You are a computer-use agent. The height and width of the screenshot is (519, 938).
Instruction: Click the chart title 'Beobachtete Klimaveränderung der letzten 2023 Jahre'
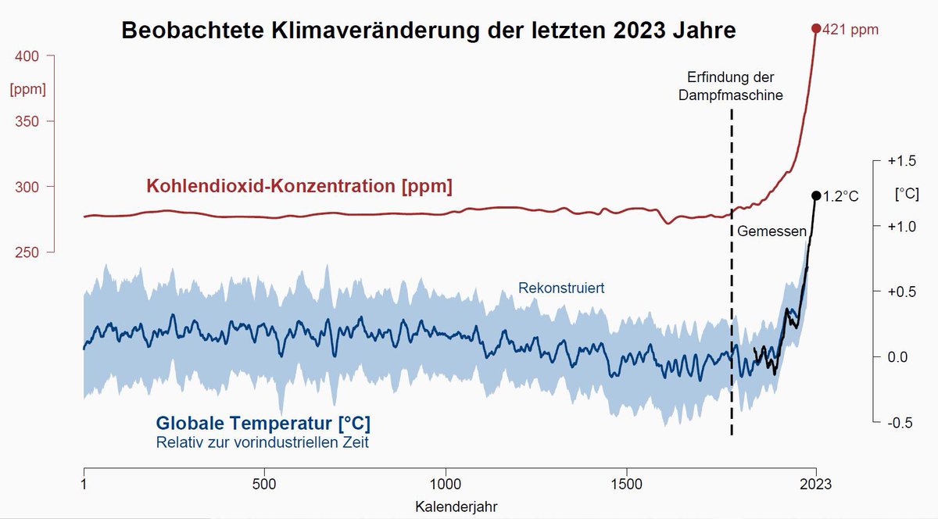pyautogui.click(x=428, y=31)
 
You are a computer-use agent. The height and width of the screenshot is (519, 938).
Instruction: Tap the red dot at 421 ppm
pyautogui.click(x=816, y=29)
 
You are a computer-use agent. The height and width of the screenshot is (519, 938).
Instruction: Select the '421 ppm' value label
pyautogui.click(x=851, y=30)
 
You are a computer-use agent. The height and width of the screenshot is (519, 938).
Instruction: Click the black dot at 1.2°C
pyautogui.click(x=816, y=195)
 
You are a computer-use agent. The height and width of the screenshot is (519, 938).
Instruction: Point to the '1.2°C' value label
pyautogui.click(x=841, y=197)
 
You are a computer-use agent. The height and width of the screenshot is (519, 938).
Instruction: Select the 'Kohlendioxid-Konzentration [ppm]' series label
pyautogui.click(x=299, y=187)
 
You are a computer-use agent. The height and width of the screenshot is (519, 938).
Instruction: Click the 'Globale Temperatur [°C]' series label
pyautogui.click(x=263, y=424)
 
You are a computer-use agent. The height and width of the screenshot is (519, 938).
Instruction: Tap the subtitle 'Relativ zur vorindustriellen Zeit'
pyautogui.click(x=262, y=443)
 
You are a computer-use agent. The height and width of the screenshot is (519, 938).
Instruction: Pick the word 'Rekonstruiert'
pyautogui.click(x=561, y=288)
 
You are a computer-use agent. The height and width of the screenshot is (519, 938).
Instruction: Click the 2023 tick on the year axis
pyautogui.click(x=816, y=482)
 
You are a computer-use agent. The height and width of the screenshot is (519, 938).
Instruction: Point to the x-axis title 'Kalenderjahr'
pyautogui.click(x=455, y=506)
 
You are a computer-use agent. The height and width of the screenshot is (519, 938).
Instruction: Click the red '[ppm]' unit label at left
pyautogui.click(x=27, y=89)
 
